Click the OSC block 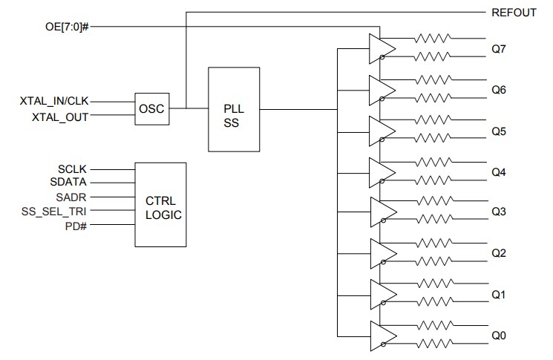(151, 109)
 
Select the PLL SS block (234, 109)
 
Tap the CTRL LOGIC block (160, 204)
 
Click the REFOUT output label (514, 13)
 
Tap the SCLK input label (73, 169)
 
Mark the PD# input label (76, 225)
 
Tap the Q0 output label (499, 336)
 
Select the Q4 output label (499, 172)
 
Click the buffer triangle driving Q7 (381, 48)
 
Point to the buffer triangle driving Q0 (381, 336)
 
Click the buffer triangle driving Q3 (381, 212)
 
